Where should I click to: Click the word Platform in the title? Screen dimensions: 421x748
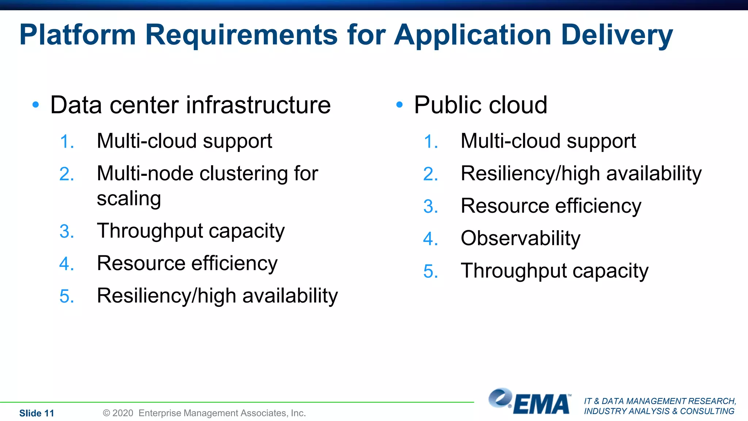(x=77, y=35)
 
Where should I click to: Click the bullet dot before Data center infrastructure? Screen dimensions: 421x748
(x=35, y=105)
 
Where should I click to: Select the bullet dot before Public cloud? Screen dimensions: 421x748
(x=399, y=105)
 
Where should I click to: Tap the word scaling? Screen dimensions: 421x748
(x=129, y=199)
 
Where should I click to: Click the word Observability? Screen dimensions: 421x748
(x=520, y=239)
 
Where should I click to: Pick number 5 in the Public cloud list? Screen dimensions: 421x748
(x=430, y=272)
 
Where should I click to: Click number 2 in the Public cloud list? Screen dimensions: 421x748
(x=430, y=174)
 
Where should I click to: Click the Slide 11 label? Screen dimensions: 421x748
(x=37, y=413)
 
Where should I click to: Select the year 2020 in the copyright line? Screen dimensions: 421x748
(x=123, y=413)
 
